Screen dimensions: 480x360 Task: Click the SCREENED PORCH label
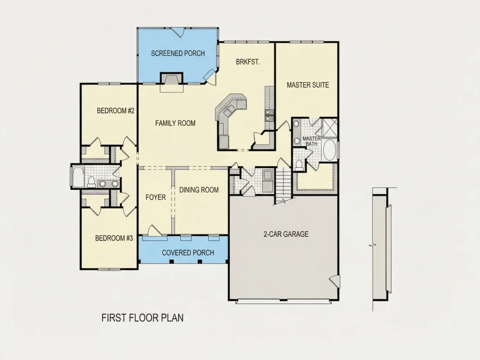coord(178,53)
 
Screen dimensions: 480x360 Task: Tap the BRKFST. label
coord(248,62)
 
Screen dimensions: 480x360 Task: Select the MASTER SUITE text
coord(308,85)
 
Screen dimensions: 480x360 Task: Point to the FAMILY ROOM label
coord(175,123)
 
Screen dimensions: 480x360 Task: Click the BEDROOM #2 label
coord(116,110)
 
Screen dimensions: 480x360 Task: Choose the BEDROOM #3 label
coord(114,238)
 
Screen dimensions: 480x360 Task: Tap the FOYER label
coord(155,197)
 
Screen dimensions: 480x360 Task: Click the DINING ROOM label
coord(199,190)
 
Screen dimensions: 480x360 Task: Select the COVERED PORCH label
coord(188,253)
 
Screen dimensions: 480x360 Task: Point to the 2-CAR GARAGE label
coord(286,234)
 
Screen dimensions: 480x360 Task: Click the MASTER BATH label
coord(312,141)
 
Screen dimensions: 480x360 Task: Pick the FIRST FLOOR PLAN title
coord(143,318)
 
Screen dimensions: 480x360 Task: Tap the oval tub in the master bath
coord(330,150)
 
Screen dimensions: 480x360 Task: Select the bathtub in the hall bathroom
coord(78,177)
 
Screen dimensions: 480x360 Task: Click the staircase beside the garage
coord(283,185)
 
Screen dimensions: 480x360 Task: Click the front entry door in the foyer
coord(153,230)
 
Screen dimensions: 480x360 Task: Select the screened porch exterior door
coord(177,32)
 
